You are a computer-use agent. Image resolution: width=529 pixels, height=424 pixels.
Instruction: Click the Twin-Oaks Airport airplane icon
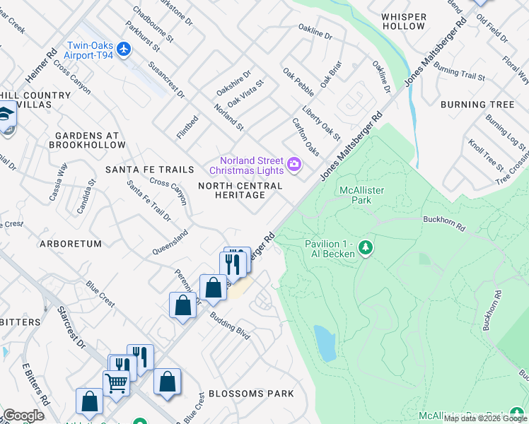coord(124,49)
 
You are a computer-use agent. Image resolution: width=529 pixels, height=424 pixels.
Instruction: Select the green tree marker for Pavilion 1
coord(365,247)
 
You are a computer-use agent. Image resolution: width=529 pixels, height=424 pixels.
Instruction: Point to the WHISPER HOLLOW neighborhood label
coord(404,21)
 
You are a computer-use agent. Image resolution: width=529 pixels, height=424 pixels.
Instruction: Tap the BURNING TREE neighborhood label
coord(477,105)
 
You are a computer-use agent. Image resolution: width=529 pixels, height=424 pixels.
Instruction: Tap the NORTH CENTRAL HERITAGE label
coord(240,190)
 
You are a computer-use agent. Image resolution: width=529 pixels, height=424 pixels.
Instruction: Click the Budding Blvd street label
coord(230,323)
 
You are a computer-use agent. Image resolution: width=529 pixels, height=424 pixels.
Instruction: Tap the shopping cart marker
coord(116,383)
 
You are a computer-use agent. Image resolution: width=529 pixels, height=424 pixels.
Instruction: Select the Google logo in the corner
coord(23,416)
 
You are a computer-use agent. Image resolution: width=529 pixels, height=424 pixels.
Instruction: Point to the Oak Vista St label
coord(245,93)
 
